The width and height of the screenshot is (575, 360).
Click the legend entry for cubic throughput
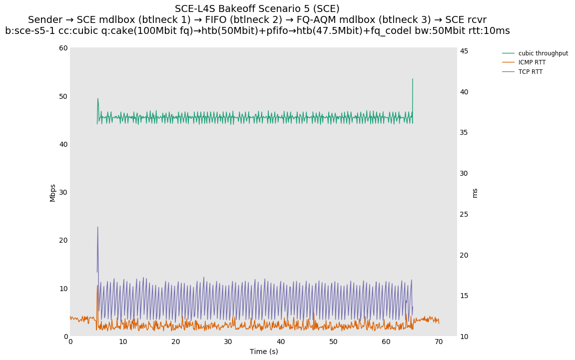(543, 53)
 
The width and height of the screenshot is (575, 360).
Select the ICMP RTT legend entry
(532, 62)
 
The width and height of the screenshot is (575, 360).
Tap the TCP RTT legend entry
(530, 72)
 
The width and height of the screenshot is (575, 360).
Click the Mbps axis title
(52, 192)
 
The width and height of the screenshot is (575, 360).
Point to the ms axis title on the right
(475, 193)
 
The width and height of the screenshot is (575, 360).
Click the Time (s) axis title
(264, 352)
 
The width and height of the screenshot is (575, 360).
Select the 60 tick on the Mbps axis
(63, 48)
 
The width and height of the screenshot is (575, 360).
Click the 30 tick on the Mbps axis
(63, 192)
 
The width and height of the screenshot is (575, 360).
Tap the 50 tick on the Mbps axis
(63, 96)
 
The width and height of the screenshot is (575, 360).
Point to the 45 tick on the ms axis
(464, 51)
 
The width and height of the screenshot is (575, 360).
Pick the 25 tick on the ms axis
(464, 214)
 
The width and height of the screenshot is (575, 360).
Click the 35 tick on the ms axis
(464, 132)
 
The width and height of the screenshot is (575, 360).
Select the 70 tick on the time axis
(439, 342)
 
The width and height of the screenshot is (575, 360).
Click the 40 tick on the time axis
(281, 342)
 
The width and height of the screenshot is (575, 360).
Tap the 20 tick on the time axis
(175, 342)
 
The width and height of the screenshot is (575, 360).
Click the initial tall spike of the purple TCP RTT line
(97, 228)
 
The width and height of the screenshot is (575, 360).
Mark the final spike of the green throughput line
(413, 79)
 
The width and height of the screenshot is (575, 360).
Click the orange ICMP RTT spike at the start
(97, 286)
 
